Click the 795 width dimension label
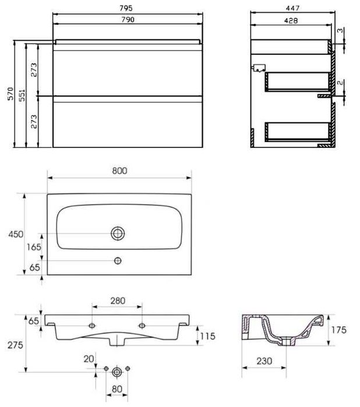pos(126,8)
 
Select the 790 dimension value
pos(128,20)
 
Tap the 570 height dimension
pos(10,94)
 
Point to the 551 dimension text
pos(22,95)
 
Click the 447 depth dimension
pos(292,8)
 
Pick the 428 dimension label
pos(291,20)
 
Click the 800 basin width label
pos(119,171)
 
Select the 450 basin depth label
pos(16,235)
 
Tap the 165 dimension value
pos(34,247)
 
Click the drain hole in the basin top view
pos(118,233)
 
